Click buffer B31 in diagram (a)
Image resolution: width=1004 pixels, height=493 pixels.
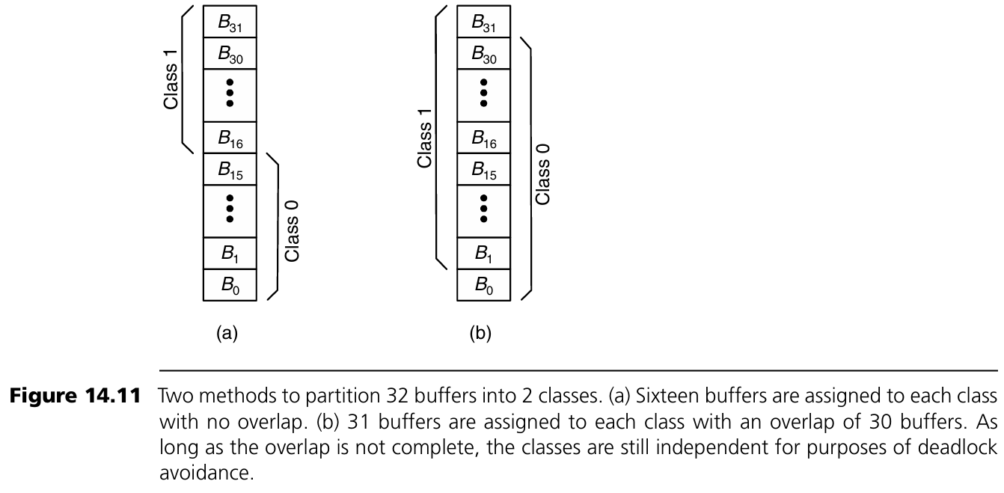[x=230, y=22]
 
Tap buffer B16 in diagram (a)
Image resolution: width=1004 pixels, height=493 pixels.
[x=230, y=138]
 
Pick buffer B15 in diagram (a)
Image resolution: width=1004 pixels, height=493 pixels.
[x=230, y=169]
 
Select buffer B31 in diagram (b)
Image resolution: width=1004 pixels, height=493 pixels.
[x=484, y=22]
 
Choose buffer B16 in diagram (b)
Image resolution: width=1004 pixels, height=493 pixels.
[x=484, y=138]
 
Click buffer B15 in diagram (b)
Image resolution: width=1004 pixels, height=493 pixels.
[x=484, y=169]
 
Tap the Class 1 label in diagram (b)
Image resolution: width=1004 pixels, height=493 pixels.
[x=425, y=138]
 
